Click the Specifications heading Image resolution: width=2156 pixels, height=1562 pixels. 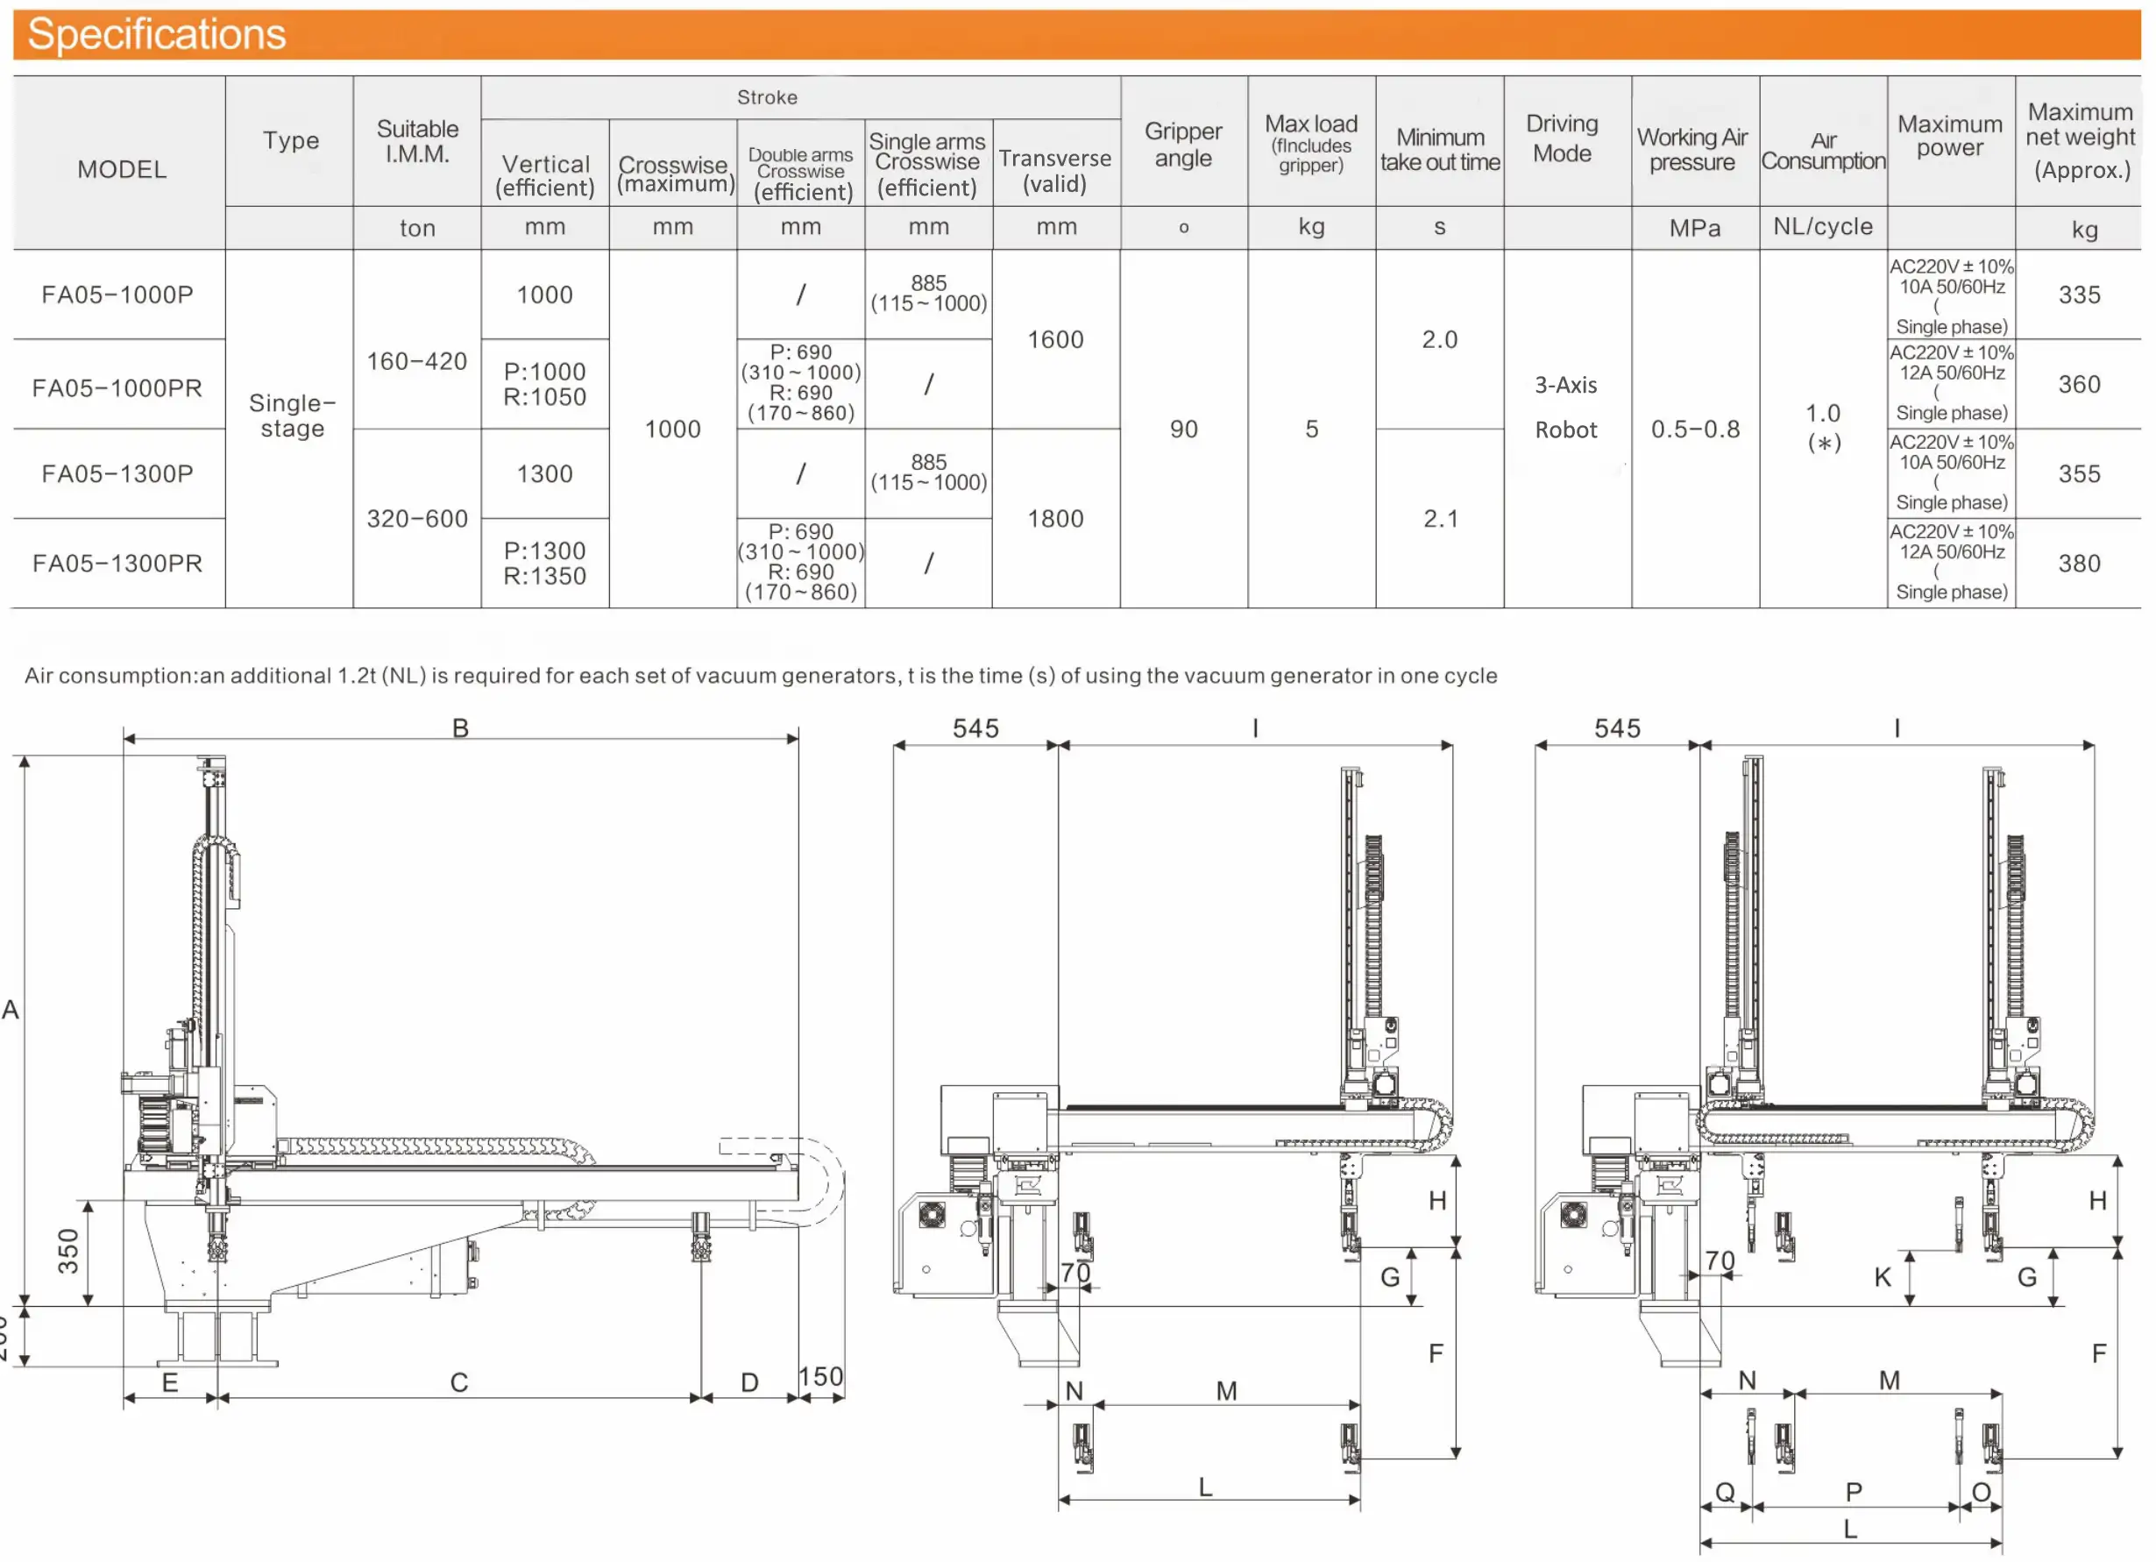click(x=157, y=35)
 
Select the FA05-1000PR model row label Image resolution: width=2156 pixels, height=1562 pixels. click(x=117, y=388)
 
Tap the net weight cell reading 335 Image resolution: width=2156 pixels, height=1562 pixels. click(x=2078, y=295)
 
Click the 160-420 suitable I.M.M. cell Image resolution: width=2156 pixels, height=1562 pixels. click(x=416, y=361)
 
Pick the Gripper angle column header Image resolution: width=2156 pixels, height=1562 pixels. click(x=1182, y=144)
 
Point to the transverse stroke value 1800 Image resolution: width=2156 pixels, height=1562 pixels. click(x=1055, y=518)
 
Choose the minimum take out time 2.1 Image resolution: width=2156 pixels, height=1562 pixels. click(x=1439, y=518)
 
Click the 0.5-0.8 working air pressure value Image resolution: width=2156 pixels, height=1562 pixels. click(x=1694, y=429)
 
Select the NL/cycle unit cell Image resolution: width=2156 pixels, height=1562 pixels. click(x=1821, y=226)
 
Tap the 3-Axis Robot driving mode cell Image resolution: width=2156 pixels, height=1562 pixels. click(x=1565, y=407)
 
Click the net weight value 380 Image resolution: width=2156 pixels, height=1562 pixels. click(x=2078, y=563)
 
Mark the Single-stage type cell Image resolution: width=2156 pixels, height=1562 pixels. click(x=292, y=415)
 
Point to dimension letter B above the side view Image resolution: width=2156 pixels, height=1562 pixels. click(x=460, y=728)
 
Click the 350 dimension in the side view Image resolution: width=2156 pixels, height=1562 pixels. click(x=68, y=1250)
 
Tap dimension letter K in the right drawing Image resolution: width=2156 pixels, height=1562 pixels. click(x=1883, y=1277)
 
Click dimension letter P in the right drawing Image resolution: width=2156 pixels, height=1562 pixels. click(x=1853, y=1491)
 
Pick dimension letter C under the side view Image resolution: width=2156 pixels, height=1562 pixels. click(x=459, y=1381)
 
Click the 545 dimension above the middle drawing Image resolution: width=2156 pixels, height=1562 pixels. click(x=975, y=728)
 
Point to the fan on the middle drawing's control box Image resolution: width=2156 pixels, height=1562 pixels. click(x=932, y=1214)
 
